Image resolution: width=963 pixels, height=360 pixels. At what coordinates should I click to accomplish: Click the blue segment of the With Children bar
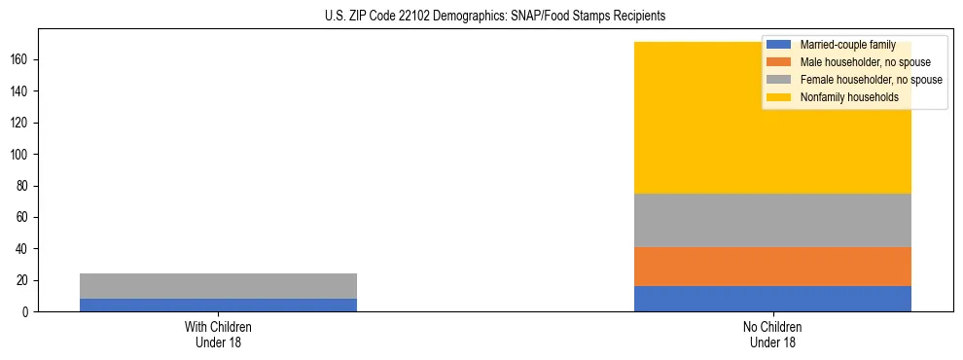point(218,305)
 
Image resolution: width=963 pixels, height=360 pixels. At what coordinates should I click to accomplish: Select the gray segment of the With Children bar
point(218,286)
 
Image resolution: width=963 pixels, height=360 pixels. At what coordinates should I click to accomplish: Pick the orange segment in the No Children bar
point(772,267)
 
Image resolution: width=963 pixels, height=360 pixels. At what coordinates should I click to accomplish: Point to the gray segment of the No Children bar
point(772,220)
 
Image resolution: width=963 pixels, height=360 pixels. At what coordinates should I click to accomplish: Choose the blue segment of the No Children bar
point(772,299)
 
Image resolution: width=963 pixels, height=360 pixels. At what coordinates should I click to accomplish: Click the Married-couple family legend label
point(844,45)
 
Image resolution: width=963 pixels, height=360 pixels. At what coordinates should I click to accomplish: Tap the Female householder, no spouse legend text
point(871,80)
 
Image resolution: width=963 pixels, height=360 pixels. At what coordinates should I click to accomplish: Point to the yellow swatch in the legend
point(779,97)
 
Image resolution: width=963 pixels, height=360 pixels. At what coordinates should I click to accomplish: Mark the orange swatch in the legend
point(779,62)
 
